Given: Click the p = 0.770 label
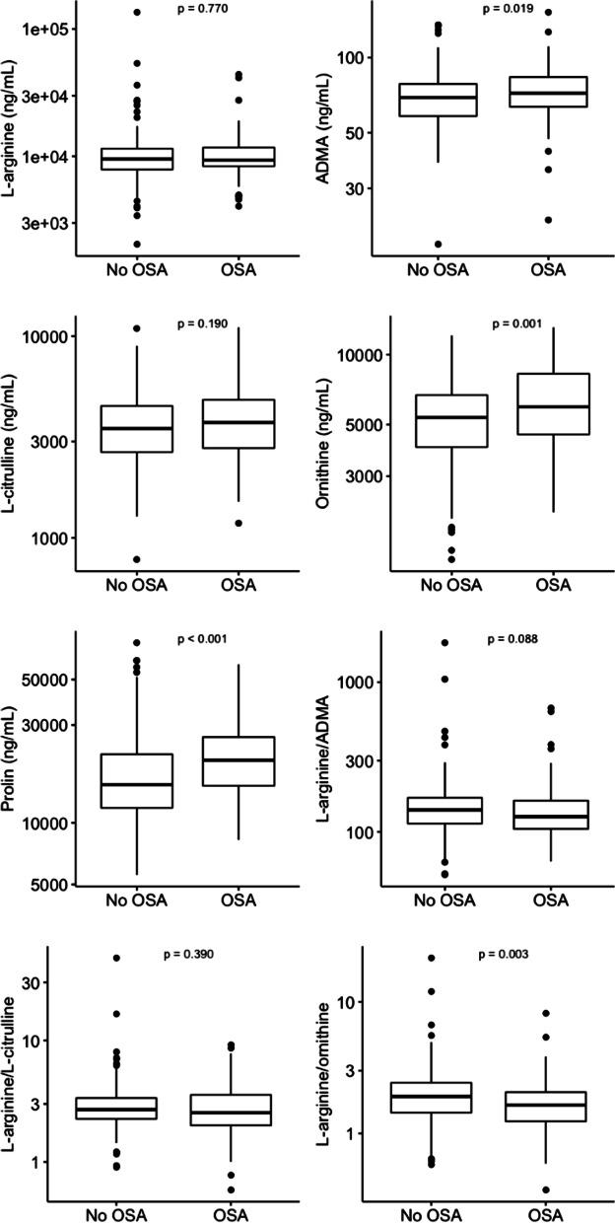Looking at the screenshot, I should click(x=203, y=9).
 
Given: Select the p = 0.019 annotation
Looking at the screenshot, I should click(x=508, y=9).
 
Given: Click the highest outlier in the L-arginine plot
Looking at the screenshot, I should click(x=137, y=13).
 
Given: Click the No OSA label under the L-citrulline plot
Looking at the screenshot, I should click(x=137, y=586).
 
